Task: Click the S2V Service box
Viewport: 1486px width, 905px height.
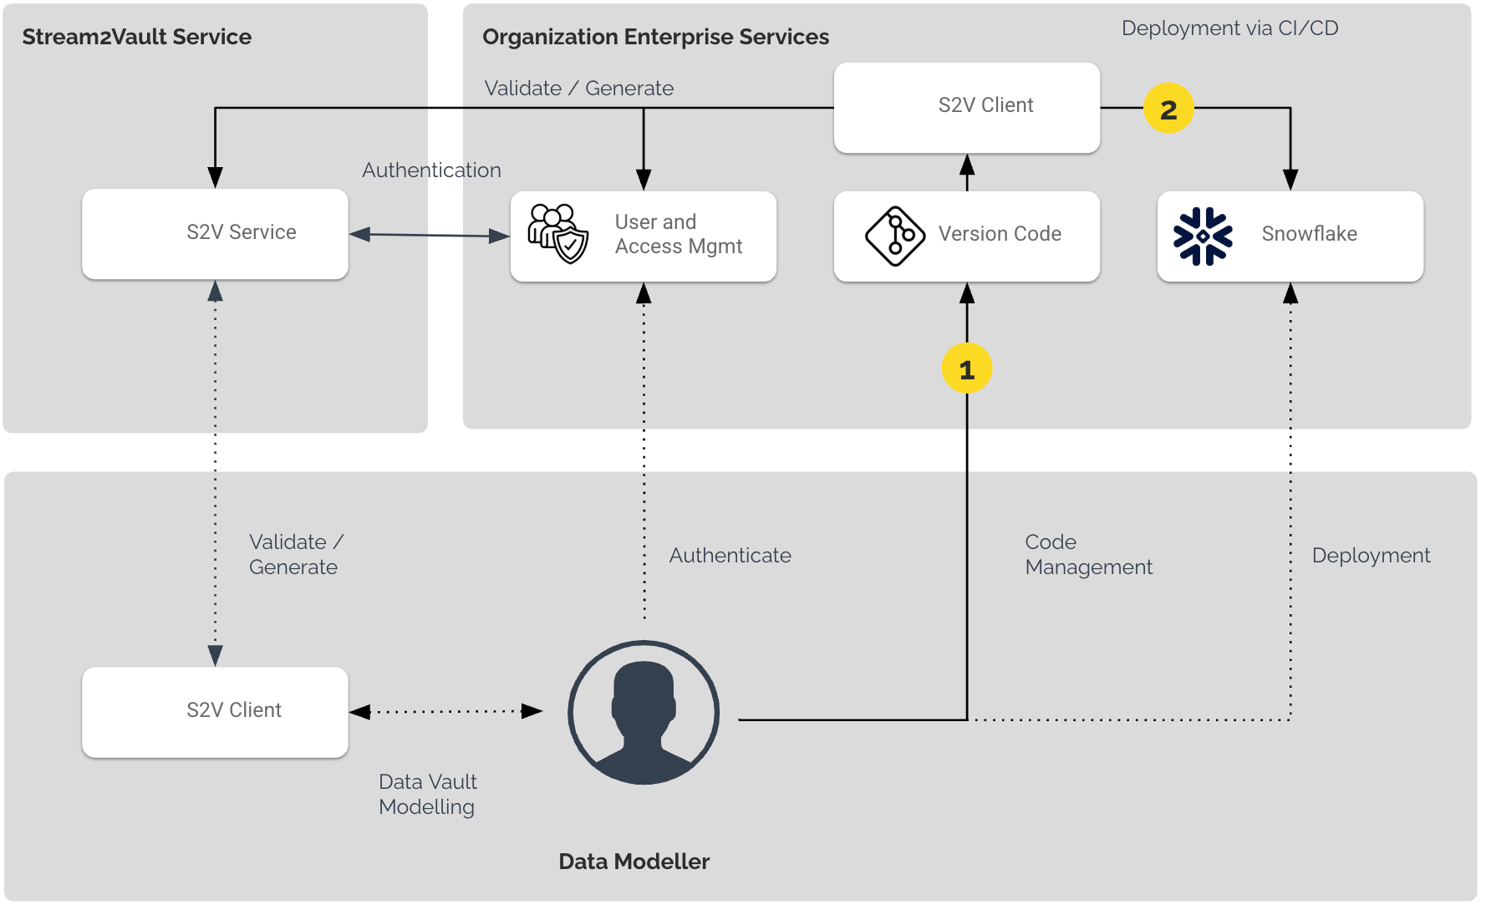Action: click(x=215, y=233)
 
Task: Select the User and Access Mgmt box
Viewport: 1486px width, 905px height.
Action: click(x=643, y=236)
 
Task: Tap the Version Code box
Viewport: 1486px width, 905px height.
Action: click(x=966, y=236)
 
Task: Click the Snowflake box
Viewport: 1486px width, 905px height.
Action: click(x=1290, y=236)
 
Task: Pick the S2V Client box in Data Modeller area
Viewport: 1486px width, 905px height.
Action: click(x=215, y=711)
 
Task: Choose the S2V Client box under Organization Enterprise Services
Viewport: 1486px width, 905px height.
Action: click(x=966, y=107)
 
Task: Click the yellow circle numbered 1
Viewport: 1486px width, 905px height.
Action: click(x=966, y=369)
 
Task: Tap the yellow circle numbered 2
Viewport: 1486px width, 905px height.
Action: click(x=1168, y=109)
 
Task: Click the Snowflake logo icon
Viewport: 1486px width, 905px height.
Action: click(x=1202, y=236)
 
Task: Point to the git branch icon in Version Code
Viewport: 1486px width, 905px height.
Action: click(x=894, y=236)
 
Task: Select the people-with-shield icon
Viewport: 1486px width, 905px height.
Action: click(x=557, y=234)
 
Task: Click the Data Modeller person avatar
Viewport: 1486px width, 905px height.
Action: click(x=643, y=712)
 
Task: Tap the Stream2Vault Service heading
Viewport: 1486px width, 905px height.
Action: click(x=136, y=37)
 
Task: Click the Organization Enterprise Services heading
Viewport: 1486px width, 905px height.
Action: click(x=655, y=37)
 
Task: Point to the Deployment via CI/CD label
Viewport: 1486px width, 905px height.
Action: click(x=1229, y=28)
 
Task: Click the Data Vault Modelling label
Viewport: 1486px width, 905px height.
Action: click(x=427, y=794)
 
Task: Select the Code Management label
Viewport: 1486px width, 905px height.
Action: click(x=1087, y=554)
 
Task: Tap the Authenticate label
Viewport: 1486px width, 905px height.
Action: click(x=730, y=556)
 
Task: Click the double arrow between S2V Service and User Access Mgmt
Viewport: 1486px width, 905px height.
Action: click(x=429, y=236)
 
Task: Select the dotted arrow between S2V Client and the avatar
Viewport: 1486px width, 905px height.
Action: click(x=445, y=712)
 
